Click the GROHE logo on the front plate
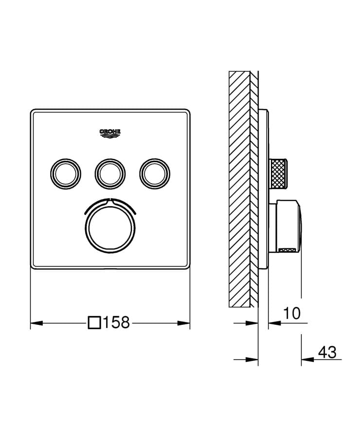coord(110,132)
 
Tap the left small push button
coord(64,171)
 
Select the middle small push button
coord(110,171)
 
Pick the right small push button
coord(155,171)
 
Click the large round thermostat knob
coord(110,227)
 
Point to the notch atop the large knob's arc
coord(110,199)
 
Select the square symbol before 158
coord(94,322)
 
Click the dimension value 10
coord(292,313)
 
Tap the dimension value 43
coord(326,352)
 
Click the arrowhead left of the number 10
coord(272,322)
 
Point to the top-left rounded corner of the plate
coord(33,112)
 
